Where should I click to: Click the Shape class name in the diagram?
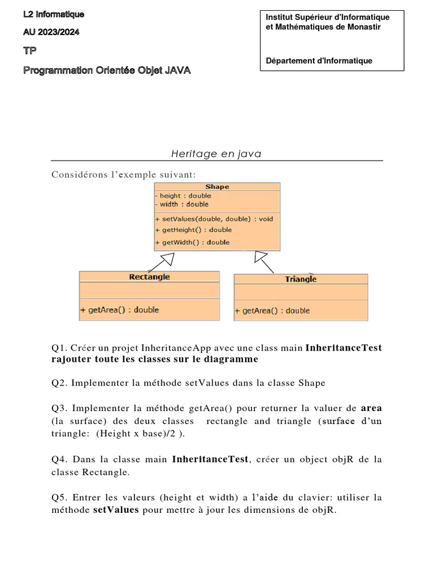(217, 187)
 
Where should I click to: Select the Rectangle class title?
(149, 276)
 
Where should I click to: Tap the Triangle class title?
(301, 279)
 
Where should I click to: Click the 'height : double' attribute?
(183, 196)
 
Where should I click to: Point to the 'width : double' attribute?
(181, 204)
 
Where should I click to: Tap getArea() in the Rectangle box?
(119, 310)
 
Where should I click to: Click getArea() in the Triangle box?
(272, 310)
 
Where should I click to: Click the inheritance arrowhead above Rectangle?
(167, 259)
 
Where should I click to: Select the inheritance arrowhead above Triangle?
(261, 257)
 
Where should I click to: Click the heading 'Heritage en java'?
(216, 154)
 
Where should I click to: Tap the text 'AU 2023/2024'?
(51, 32)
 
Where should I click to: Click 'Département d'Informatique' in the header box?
(319, 61)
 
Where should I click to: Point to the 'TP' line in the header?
(29, 51)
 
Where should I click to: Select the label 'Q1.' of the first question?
(59, 348)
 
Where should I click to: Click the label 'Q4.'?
(59, 460)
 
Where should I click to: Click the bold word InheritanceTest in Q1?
(344, 348)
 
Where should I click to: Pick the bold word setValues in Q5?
(115, 509)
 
